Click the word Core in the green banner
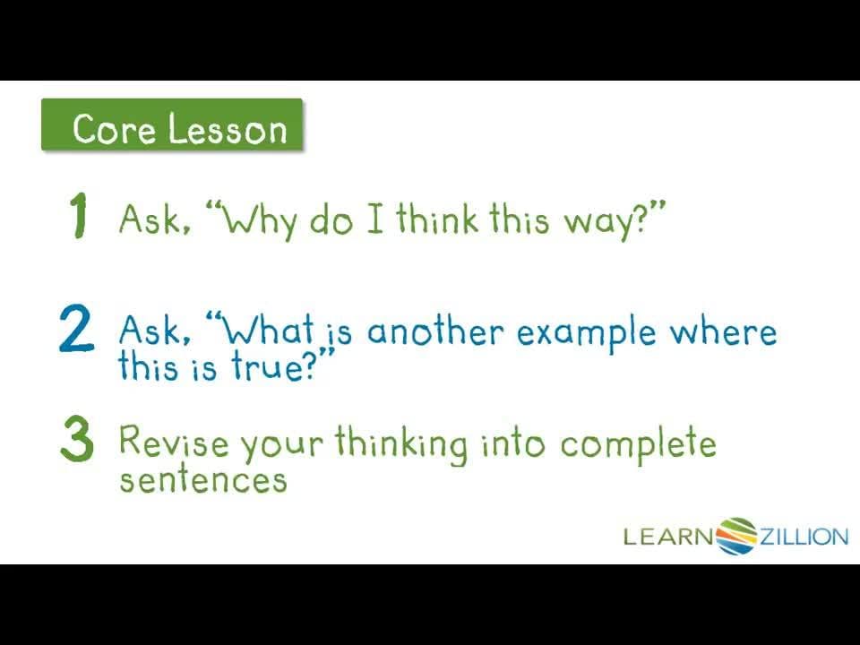point(114,129)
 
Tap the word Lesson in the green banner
point(227,129)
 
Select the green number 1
point(79,215)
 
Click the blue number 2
point(76,328)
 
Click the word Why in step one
point(261,220)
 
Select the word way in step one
point(599,221)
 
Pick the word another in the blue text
point(434,331)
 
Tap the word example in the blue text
point(586,334)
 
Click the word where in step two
point(723,331)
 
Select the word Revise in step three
point(173,441)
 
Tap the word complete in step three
point(638,444)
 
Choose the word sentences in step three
point(203,479)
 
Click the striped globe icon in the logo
point(736,536)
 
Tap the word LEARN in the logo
point(669,536)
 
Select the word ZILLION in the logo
point(804,536)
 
